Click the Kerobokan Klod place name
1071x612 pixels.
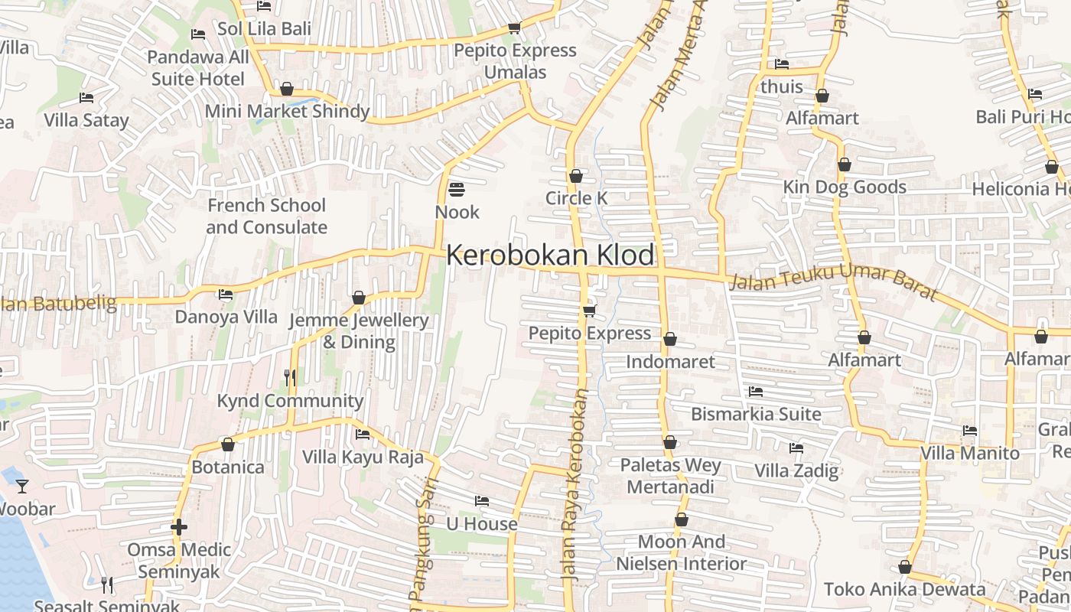point(550,255)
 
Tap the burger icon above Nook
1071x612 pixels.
point(457,189)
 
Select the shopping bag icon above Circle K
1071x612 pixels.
point(576,176)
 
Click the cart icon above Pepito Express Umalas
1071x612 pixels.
point(514,28)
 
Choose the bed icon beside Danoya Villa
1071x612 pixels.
point(226,294)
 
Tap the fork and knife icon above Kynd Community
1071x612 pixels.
point(290,377)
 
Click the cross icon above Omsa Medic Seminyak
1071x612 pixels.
point(179,526)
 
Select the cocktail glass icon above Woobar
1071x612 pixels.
point(22,486)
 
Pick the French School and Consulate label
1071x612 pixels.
point(266,216)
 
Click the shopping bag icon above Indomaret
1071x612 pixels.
point(670,339)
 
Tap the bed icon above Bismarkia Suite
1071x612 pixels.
point(756,392)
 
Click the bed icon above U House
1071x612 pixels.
point(481,501)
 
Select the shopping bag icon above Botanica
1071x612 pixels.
point(228,444)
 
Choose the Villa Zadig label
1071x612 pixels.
point(796,470)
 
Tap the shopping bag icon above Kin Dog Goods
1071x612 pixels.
point(845,164)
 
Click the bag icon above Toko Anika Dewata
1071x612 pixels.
point(905,567)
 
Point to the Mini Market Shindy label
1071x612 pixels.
point(287,112)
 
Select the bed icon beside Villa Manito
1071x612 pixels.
point(970,431)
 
